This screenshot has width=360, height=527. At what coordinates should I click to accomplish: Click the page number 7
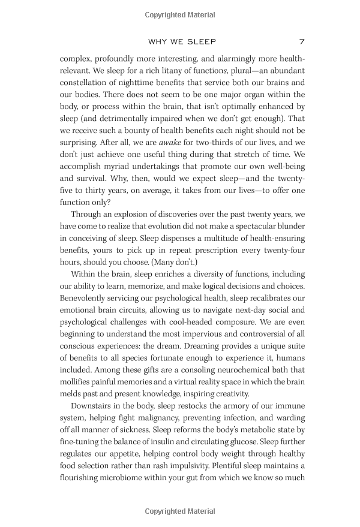[x=302, y=42]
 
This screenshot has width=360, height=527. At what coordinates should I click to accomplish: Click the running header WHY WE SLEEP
[x=182, y=42]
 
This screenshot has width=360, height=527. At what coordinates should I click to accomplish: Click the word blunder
[x=287, y=227]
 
